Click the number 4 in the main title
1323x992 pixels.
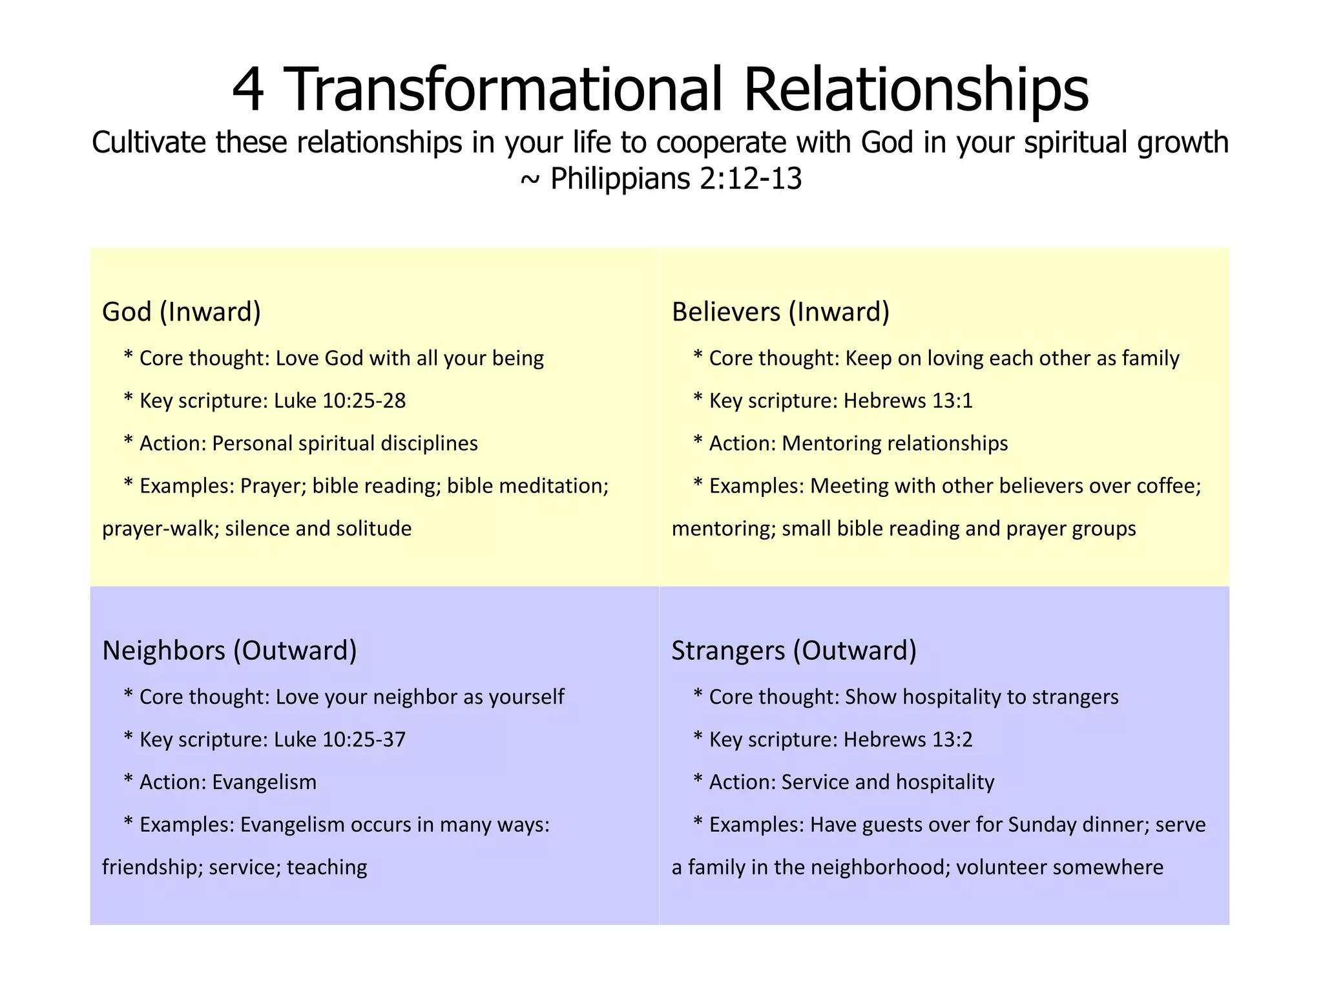tap(248, 90)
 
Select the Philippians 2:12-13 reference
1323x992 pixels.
tap(676, 178)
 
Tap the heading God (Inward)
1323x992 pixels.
tap(182, 311)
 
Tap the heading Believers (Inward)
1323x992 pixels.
tap(780, 311)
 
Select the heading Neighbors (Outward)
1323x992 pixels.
tap(229, 650)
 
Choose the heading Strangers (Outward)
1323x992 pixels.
tap(794, 650)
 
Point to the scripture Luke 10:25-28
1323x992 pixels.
tap(340, 401)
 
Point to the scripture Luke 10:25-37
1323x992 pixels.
tap(340, 739)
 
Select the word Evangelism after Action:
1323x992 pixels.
tap(264, 782)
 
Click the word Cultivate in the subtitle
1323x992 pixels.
tap(150, 143)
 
